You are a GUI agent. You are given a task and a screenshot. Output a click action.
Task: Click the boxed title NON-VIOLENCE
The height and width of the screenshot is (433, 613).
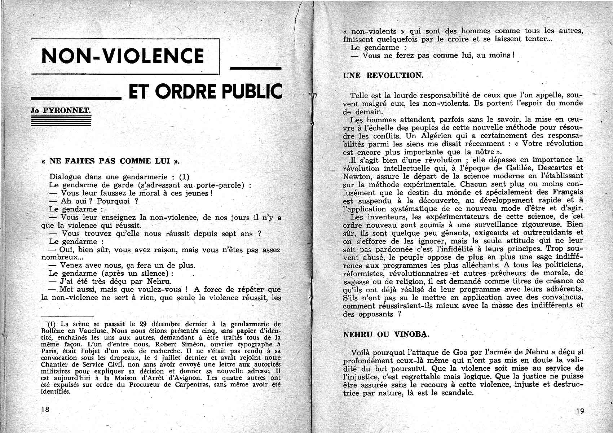point(123,56)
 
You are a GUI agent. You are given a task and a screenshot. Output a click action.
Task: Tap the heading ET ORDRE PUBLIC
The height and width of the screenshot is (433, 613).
point(205,92)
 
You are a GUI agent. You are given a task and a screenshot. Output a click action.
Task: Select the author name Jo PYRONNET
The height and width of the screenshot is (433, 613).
point(60,110)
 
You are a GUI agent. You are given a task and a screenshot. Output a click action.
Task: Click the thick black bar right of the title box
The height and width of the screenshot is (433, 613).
point(255,68)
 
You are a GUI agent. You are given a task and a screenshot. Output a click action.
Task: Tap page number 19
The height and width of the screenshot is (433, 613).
point(579,411)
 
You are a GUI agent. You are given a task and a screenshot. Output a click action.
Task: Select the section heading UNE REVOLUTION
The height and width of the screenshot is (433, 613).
point(383,75)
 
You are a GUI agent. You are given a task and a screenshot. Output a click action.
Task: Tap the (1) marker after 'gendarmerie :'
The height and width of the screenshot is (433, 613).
point(184,177)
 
